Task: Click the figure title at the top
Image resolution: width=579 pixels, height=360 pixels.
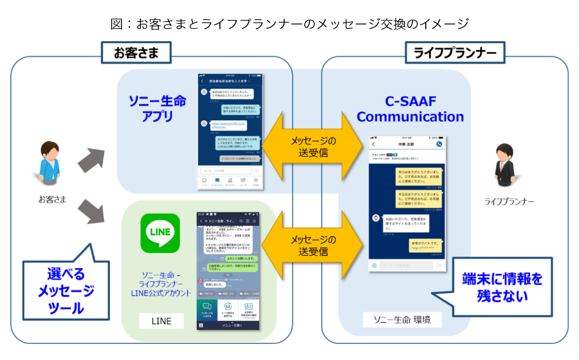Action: point(289,24)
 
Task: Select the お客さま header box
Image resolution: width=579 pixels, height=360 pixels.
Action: point(136,53)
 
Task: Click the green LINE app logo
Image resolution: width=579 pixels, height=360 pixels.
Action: point(160,233)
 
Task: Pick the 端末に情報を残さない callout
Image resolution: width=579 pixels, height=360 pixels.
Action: point(502,287)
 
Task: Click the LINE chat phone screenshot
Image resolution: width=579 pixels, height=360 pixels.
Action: point(230,269)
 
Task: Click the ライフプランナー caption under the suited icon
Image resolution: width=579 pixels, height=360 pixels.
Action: point(509,202)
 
